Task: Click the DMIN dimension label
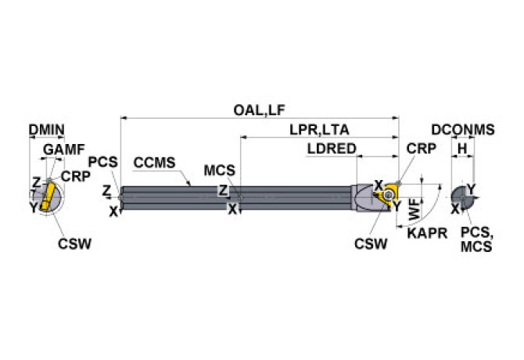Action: [46, 130]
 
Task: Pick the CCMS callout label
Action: [154, 163]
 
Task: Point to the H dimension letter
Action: [462, 149]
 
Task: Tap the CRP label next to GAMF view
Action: [76, 177]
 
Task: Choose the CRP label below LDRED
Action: [422, 149]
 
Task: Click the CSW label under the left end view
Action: [74, 243]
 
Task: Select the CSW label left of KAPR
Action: [370, 243]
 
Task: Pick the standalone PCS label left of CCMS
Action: [102, 162]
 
